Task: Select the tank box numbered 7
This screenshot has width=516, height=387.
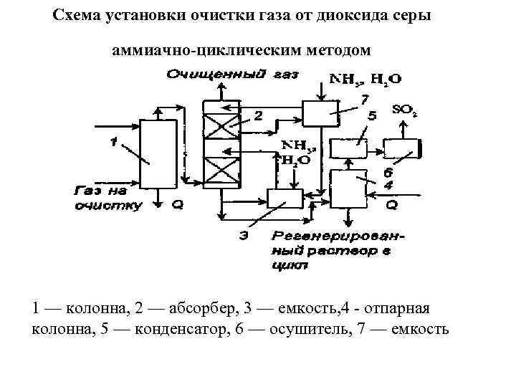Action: (320, 113)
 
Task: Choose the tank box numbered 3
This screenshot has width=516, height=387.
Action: (285, 199)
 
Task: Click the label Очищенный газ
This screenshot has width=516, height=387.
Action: (232, 75)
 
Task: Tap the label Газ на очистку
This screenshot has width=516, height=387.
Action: (108, 199)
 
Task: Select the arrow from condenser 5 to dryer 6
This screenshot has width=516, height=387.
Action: (377, 149)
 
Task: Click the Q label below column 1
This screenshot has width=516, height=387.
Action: (177, 205)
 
